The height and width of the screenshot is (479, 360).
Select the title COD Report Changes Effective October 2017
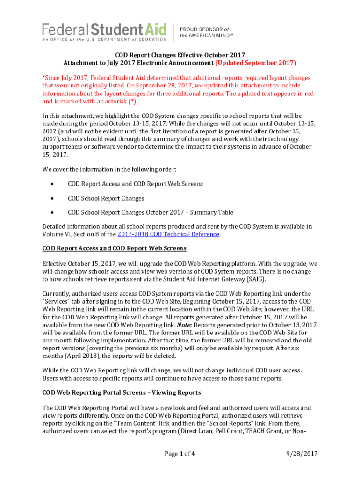[x=180, y=54]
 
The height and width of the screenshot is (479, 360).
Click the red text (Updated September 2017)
[x=255, y=62]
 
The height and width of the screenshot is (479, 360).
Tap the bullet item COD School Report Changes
[x=106, y=198]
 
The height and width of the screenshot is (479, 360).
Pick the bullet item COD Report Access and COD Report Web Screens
[x=135, y=184]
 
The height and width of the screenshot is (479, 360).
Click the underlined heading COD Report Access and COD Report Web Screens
[x=114, y=248]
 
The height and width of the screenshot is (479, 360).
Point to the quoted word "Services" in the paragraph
[x=56, y=302]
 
